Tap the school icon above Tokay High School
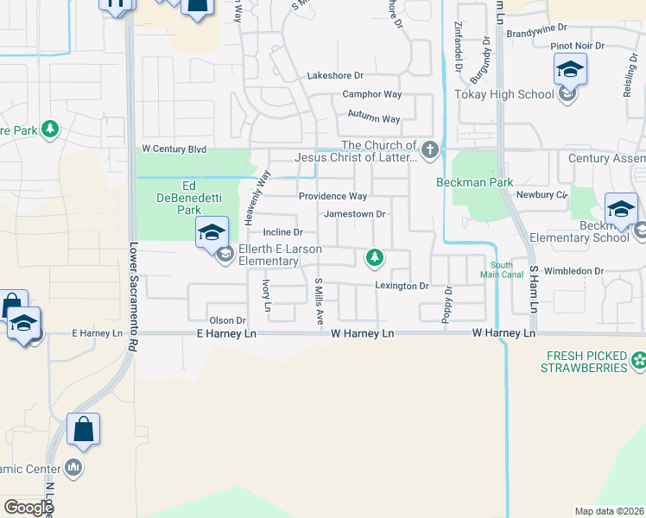point(570,69)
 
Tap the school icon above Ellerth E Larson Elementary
point(212,231)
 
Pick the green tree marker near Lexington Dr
point(374,256)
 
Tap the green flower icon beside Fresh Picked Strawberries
point(637,359)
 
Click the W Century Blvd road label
point(174,149)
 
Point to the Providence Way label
point(332,197)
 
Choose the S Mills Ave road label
point(319,302)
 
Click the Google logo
point(29,507)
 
